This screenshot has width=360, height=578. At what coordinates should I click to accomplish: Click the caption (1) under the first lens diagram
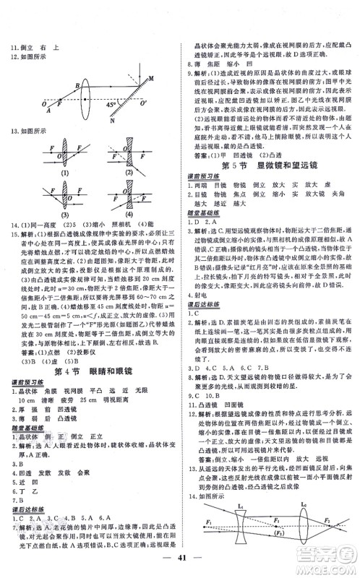(66, 173)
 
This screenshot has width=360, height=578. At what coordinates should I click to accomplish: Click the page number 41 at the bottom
(180, 557)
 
